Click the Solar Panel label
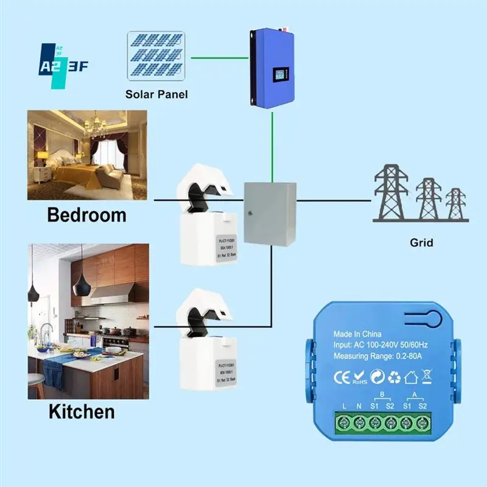pos(156,94)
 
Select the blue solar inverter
pos(272,67)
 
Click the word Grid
pos(421,243)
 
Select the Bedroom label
pos(86,215)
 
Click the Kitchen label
pos(82,412)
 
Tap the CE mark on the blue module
pos(341,377)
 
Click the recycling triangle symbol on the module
pos(394,378)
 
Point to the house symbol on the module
pos(411,378)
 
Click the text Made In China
pos(357,334)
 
